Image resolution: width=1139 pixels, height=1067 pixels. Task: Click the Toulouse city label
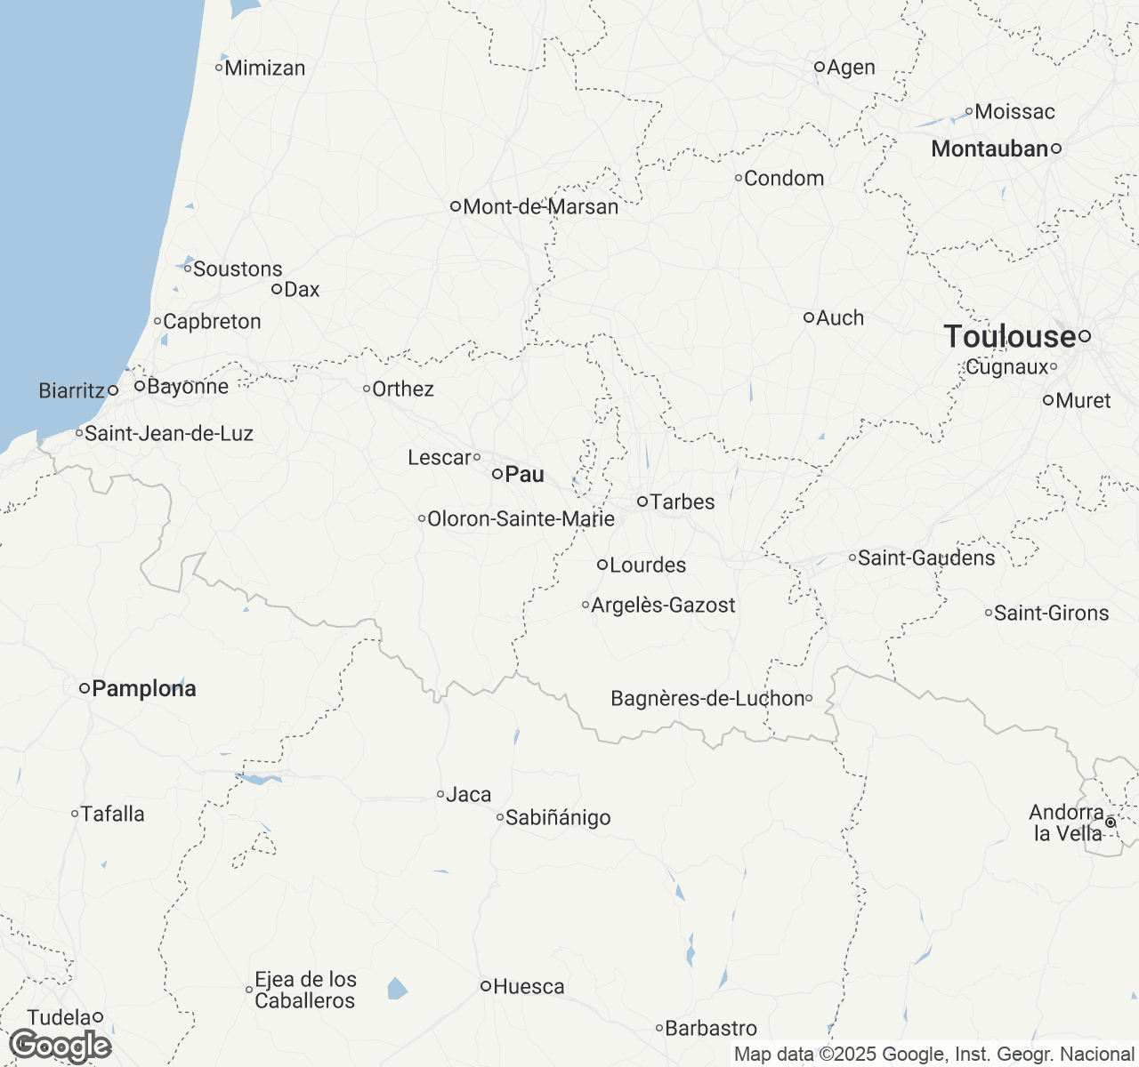click(1010, 337)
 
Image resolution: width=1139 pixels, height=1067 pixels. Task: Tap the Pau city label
click(524, 475)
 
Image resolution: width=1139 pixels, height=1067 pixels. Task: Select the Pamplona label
click(143, 688)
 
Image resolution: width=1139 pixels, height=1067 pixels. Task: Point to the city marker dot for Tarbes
click(642, 501)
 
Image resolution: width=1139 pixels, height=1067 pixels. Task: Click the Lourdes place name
click(648, 566)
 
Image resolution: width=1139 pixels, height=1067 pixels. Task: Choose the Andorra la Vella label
click(1067, 822)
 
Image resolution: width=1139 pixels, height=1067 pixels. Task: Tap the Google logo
click(60, 1046)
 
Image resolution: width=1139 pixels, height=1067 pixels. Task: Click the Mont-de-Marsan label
click(540, 207)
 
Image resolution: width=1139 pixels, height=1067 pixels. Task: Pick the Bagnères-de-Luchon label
click(707, 699)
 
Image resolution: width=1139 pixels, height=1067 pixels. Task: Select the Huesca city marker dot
click(486, 986)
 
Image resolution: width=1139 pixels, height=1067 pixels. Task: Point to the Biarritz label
click(72, 391)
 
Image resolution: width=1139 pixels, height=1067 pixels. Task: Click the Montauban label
click(990, 149)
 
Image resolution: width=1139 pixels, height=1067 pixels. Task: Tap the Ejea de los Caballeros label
click(305, 990)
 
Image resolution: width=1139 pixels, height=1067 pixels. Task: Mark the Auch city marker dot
click(809, 317)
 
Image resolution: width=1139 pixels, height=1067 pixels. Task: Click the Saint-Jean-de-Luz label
click(169, 434)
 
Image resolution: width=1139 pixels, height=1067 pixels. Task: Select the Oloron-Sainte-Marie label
click(521, 519)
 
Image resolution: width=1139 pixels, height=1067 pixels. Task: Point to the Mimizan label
click(265, 68)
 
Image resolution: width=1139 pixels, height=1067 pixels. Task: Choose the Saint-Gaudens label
click(926, 558)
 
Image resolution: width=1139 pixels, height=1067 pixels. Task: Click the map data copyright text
click(934, 1055)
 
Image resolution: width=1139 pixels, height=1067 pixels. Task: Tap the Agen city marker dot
click(820, 67)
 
